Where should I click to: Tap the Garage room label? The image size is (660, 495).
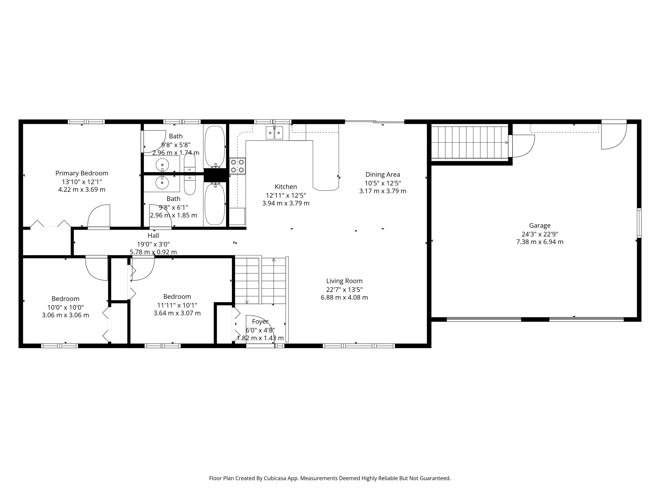coord(540,225)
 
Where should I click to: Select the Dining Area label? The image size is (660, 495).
coord(383,175)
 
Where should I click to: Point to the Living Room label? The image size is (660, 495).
coord(344,281)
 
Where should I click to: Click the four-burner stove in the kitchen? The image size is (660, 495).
coord(238,166)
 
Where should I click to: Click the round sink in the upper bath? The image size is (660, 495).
coord(162,165)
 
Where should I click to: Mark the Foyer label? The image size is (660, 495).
coord(260,322)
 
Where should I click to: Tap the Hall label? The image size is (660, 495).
coord(153,236)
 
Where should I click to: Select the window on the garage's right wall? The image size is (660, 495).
coord(639,223)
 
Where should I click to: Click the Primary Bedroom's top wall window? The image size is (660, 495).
coord(86,122)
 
